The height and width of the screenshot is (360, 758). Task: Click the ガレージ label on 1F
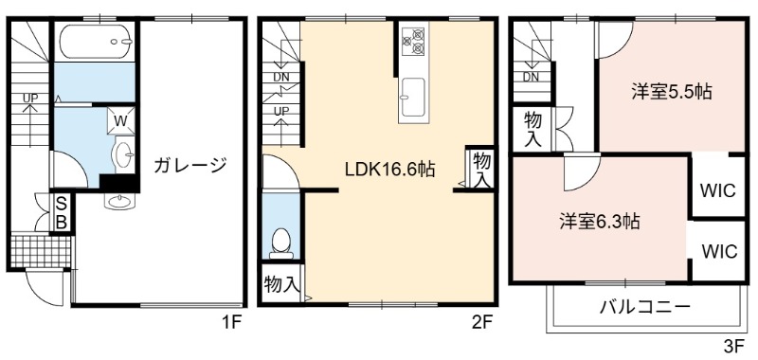190,166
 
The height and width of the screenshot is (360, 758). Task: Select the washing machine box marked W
120,120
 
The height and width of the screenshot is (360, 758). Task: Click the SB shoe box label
63,211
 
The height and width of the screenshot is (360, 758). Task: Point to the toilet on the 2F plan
280,243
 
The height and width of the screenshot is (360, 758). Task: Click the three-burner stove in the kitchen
413,41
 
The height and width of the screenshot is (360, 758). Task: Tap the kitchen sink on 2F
412,97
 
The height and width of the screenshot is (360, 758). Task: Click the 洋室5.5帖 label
672,92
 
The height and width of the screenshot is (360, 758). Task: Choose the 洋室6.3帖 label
600,222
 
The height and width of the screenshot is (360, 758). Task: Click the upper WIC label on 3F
718,190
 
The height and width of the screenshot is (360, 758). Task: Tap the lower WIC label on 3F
719,251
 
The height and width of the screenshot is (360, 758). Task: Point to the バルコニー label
645,306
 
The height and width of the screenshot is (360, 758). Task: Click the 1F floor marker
231,321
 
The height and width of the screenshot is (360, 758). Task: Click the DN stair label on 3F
531,77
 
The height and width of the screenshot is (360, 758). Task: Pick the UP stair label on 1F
30,99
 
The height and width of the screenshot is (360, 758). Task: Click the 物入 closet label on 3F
532,129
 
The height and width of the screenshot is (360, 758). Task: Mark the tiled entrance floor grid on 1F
41,250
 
